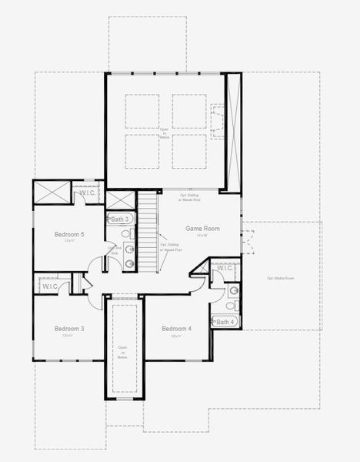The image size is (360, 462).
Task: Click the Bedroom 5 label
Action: [x=69, y=234]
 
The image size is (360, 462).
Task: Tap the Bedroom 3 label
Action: [x=69, y=329]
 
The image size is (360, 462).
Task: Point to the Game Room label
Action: [x=202, y=229]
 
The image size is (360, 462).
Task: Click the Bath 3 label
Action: [x=119, y=219]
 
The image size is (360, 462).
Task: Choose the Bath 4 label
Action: [x=225, y=322]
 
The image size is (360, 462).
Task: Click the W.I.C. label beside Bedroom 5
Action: [x=88, y=192]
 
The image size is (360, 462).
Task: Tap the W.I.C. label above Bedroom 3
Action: [x=50, y=286]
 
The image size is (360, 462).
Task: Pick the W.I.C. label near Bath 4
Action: [x=225, y=269]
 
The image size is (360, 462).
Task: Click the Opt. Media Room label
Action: [x=280, y=278]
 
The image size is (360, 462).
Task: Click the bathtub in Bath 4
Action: [x=224, y=322]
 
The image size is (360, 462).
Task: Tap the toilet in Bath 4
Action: [x=232, y=291]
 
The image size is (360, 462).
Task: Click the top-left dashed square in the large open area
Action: [x=142, y=111]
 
